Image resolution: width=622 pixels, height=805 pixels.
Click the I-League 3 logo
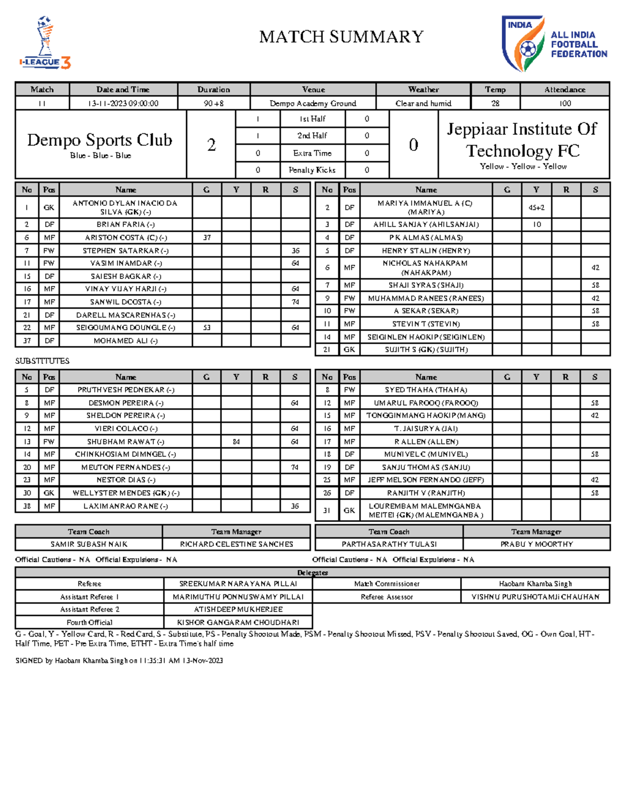click(x=45, y=43)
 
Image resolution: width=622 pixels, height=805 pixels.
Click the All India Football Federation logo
click(x=554, y=44)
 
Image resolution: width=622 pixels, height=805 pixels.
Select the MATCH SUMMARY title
click(x=341, y=37)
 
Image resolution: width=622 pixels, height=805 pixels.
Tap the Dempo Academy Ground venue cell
click(x=313, y=103)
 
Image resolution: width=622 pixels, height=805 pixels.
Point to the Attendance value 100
click(x=564, y=103)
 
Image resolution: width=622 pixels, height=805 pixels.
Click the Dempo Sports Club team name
click(x=100, y=140)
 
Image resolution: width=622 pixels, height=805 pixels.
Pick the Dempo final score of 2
click(x=211, y=145)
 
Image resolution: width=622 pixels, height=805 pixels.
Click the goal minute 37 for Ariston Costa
click(x=207, y=237)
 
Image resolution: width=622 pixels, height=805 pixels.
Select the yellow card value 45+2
click(x=536, y=207)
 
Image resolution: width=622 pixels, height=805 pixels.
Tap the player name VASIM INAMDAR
click(x=126, y=263)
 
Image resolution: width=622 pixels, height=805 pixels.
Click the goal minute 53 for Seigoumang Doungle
click(x=207, y=328)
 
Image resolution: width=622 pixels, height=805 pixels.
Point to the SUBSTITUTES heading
click(x=42, y=361)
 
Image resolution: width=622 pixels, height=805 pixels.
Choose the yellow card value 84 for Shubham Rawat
click(x=236, y=442)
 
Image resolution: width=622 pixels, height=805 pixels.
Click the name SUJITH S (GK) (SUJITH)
click(x=426, y=349)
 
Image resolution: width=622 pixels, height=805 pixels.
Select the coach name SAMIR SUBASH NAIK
click(x=89, y=544)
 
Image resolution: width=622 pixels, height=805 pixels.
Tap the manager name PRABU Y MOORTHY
click(x=536, y=544)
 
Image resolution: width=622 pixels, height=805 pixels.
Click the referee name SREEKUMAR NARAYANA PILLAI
click(x=238, y=584)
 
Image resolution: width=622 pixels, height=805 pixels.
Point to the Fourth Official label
click(x=89, y=622)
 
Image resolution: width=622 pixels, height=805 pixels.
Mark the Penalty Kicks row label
click(x=312, y=170)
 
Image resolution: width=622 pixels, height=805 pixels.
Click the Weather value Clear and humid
click(x=423, y=103)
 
